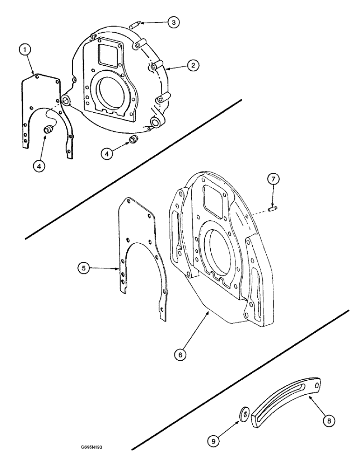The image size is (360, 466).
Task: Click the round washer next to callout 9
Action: [243, 413]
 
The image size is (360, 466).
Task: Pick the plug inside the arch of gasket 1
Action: [48, 130]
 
